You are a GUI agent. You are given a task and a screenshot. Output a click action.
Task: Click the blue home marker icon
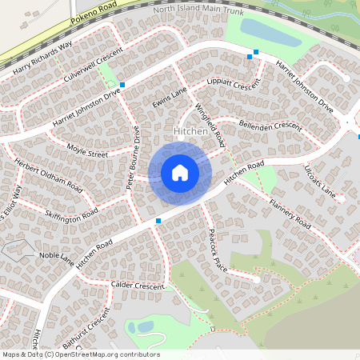pyautogui.click(x=180, y=172)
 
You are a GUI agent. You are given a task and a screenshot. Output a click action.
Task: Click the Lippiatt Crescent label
pyautogui.click(x=234, y=85)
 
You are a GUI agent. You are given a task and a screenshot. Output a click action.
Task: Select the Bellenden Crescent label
pyautogui.click(x=270, y=126)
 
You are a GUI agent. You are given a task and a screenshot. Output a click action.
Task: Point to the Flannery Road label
pyautogui.click(x=290, y=214)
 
